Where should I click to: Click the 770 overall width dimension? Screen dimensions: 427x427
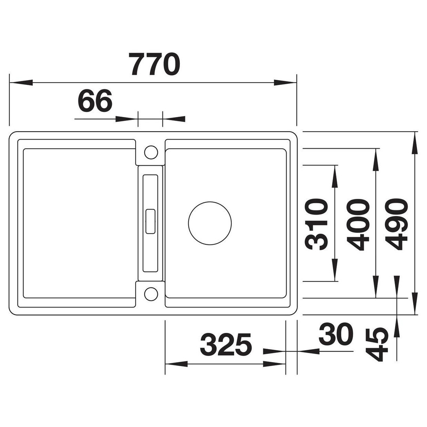(x=155, y=64)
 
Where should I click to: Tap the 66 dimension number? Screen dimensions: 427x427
(x=95, y=100)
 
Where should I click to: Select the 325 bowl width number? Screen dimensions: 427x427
(x=226, y=345)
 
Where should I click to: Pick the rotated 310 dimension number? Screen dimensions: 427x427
(x=316, y=224)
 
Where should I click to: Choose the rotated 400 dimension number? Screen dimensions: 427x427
(x=358, y=224)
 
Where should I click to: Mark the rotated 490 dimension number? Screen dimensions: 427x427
(x=397, y=224)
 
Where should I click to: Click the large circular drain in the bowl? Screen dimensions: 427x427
(x=210, y=223)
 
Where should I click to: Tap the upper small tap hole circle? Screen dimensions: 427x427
(x=151, y=152)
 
